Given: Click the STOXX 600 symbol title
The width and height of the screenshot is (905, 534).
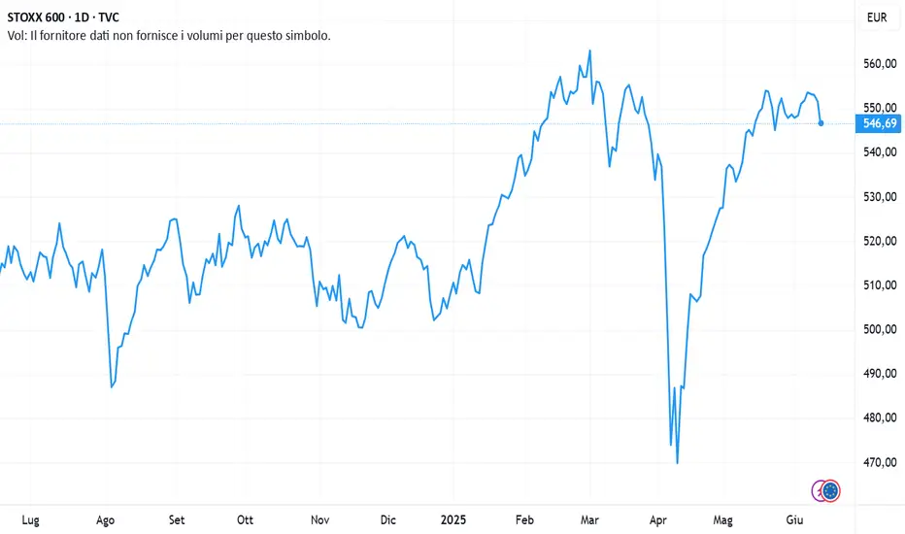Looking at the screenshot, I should (x=42, y=17).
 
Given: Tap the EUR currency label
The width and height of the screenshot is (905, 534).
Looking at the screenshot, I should (x=877, y=17).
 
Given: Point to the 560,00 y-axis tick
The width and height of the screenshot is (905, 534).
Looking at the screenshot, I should (x=879, y=64).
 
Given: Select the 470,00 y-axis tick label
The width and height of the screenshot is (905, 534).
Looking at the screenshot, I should (x=879, y=462).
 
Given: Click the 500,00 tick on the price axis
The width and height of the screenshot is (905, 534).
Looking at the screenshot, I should (x=879, y=329).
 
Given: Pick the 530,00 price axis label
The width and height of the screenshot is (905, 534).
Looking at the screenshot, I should (x=879, y=197).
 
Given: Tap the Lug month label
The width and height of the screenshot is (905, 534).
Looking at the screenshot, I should (x=30, y=519).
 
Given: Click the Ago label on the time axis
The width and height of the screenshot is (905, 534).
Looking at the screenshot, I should (x=105, y=519).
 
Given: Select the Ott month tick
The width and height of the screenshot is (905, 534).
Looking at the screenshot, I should (x=246, y=519).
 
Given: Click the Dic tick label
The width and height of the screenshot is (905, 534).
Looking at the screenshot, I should (x=388, y=519).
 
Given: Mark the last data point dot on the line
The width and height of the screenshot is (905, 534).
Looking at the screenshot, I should (x=821, y=123).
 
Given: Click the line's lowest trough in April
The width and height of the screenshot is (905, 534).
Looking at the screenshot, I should (x=677, y=463).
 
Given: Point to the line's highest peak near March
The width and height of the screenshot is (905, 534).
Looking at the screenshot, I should (x=590, y=50).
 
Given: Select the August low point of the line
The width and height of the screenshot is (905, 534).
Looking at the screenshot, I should (x=112, y=387).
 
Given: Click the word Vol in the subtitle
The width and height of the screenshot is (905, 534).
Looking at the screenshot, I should (x=17, y=35).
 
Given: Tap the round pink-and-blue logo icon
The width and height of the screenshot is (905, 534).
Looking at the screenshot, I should (x=830, y=491).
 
